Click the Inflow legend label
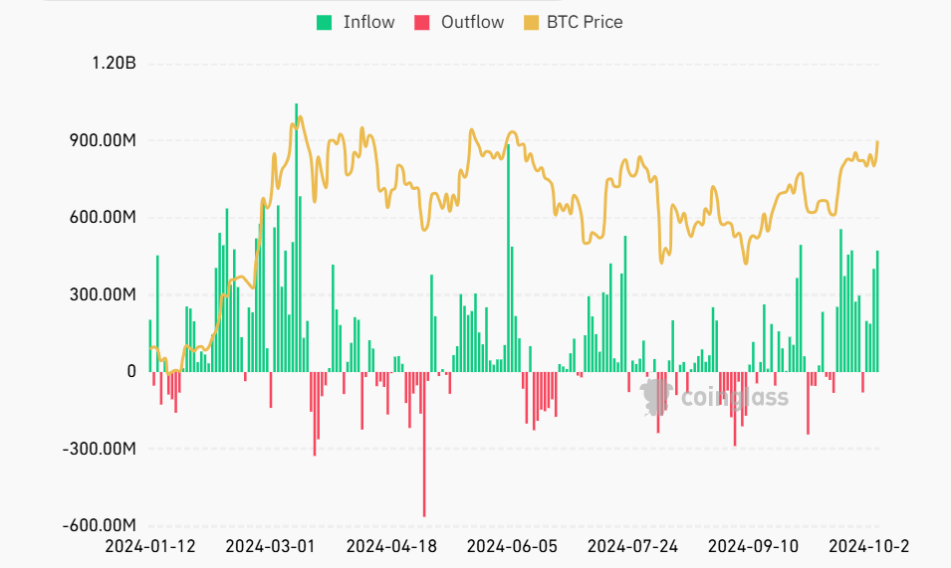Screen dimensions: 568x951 [x=368, y=22]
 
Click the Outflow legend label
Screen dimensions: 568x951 [x=473, y=22]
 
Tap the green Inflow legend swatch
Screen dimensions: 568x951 [x=325, y=22]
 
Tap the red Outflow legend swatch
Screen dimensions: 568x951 [x=421, y=22]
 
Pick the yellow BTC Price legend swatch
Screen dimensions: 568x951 [x=530, y=22]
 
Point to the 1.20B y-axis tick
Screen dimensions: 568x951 [x=113, y=64]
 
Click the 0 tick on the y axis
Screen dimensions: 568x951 [x=131, y=372]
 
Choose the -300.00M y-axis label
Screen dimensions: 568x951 [x=98, y=449]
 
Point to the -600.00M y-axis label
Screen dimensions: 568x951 [x=98, y=526]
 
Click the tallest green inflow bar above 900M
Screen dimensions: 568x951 [x=296, y=238]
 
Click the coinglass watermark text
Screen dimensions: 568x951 [x=734, y=399]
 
